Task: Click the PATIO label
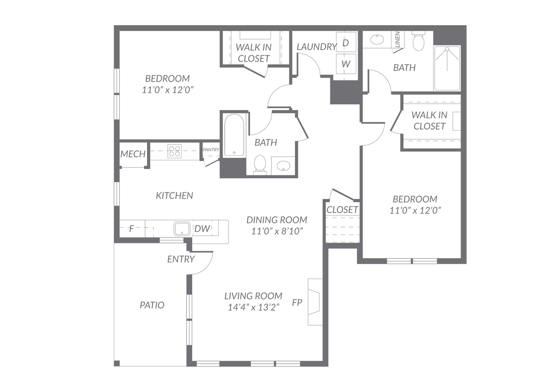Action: point(152,305)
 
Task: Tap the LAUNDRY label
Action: point(317,47)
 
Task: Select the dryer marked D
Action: point(346,42)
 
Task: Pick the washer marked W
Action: point(346,63)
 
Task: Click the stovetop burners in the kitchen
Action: point(174,151)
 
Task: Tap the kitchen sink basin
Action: point(182,229)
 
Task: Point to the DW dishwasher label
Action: point(202,229)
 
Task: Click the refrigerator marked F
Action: point(132,229)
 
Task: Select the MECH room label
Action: point(133,154)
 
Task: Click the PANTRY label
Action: point(211,150)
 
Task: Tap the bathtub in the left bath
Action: point(234,135)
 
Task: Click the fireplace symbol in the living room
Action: point(315,302)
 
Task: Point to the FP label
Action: point(297,302)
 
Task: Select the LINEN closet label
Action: point(397,39)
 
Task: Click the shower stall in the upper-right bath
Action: point(447,68)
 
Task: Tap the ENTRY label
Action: point(181,259)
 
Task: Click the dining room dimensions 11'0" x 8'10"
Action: point(277,231)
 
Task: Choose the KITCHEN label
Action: point(174,196)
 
